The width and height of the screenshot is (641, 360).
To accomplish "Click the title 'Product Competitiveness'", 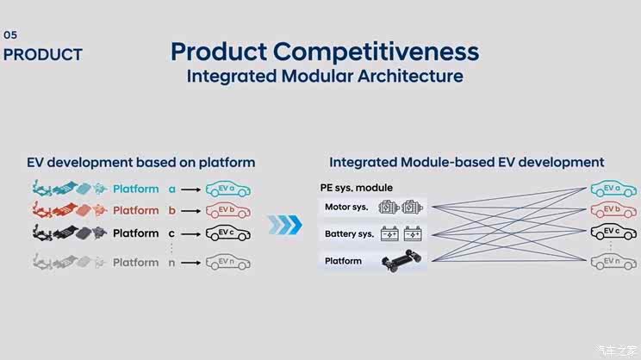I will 324,51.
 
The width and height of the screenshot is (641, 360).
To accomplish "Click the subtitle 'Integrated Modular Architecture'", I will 325,76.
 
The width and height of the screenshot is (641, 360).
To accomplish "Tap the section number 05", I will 10,35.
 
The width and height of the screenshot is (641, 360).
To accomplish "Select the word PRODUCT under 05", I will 43,54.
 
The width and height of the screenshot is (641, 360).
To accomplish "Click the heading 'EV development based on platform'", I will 141,162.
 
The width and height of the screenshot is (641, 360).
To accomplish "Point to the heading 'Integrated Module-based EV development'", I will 467,162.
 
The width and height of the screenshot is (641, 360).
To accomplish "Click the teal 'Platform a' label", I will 144,189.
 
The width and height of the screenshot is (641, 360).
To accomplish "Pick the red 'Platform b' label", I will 144,210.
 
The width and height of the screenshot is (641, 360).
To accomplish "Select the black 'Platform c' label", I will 144,233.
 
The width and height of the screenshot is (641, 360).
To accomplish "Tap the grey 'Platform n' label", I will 144,263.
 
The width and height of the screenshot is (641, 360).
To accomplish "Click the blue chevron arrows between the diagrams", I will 284,225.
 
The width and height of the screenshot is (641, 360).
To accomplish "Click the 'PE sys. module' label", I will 356,188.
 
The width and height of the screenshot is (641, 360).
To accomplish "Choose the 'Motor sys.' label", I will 346,207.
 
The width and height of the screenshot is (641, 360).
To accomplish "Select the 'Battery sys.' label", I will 349,233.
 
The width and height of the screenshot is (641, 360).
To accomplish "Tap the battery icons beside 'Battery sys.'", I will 402,233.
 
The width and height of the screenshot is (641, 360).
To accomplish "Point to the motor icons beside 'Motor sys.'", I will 402,208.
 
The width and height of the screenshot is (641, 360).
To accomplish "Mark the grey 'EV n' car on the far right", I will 613,263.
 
